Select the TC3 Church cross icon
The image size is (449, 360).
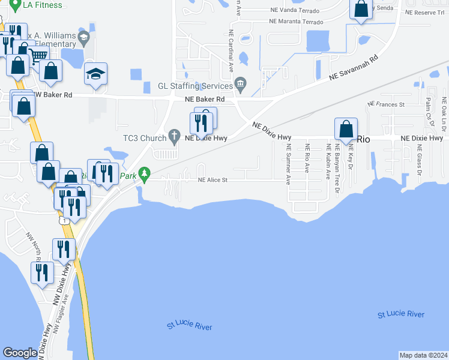pyautogui.click(x=175, y=134)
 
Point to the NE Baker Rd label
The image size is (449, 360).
pyautogui.click(x=204, y=99)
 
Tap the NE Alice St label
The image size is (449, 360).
pyautogui.click(x=212, y=179)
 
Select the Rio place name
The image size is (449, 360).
pyautogui.click(x=363, y=139)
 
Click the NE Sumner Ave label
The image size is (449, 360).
pyautogui.click(x=289, y=164)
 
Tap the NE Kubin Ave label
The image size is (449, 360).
pyautogui.click(x=328, y=164)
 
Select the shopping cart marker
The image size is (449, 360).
pyautogui.click(x=38, y=56)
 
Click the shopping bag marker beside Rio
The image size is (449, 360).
pyautogui.click(x=346, y=128)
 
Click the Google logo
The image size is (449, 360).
pyautogui.click(x=20, y=353)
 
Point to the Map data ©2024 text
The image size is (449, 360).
pyautogui.click(x=423, y=355)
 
